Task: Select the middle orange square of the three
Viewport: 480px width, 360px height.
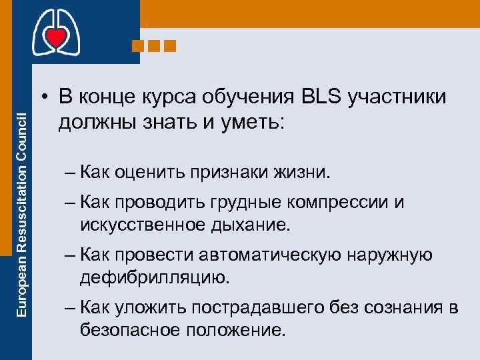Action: [153, 46]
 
